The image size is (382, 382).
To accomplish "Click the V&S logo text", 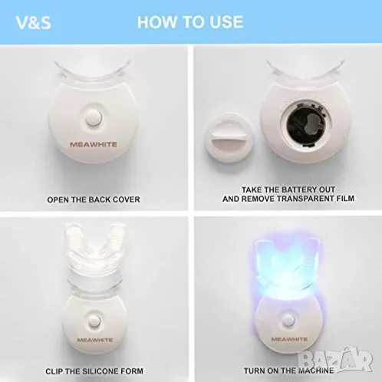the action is coord(33,22).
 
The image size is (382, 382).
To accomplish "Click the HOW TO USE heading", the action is coord(190,21).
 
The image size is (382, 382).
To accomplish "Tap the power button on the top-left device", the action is coord(93,118).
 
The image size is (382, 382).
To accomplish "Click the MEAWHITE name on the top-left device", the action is coord(94,144).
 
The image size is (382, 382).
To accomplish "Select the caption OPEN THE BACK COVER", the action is coord(94,199).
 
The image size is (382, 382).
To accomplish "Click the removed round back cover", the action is coord(229,138).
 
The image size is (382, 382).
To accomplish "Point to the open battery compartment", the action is coord(306,125).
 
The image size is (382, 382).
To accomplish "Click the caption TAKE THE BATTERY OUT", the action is coord(288,189).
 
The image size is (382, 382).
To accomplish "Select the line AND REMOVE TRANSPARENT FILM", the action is coord(288,199).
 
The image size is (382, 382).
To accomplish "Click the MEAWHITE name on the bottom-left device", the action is coord(94,340).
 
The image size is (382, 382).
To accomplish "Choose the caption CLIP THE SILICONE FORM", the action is coord(94,371).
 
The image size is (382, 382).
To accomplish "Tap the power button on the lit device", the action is coord(288,320).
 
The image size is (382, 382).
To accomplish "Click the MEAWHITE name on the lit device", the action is coord(289,339).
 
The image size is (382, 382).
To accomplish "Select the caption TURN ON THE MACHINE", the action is coord(289,370).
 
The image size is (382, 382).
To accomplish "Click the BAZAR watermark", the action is coord(335,359).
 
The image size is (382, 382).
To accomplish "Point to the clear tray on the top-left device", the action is coord(93,71).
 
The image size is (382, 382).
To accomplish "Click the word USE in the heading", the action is coord(226,21).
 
